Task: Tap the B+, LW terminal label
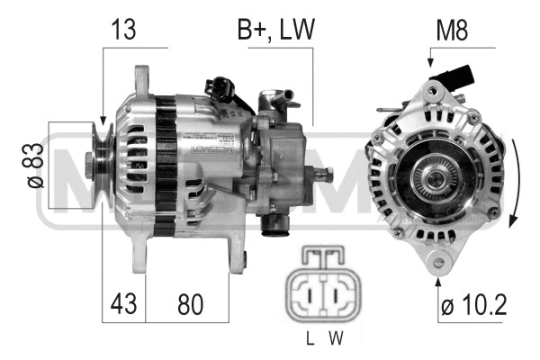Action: click(275, 30)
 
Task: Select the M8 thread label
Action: click(451, 30)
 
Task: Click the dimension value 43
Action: click(125, 303)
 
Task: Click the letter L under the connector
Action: click(309, 339)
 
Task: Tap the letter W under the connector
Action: click(336, 339)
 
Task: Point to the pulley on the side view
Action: click(102, 166)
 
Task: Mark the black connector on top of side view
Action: click(220, 87)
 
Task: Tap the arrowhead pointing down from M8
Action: click(430, 64)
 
